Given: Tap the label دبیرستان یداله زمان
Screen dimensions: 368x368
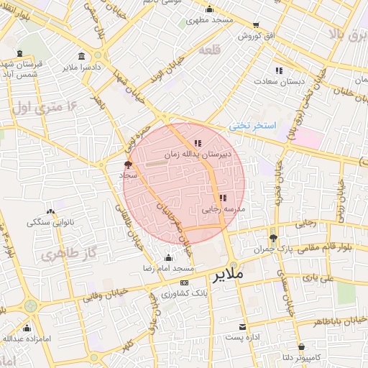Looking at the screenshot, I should [197, 154].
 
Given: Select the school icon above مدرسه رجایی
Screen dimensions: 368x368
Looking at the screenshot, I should [223, 197].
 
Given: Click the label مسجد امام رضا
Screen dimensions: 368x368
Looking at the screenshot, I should [169, 268].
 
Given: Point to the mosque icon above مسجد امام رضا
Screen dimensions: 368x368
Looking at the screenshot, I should [169, 258].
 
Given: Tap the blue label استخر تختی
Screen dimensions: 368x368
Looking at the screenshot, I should [253, 125].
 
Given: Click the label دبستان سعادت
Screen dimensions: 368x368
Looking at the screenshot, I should [278, 81].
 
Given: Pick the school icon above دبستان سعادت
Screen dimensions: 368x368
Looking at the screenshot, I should [279, 70].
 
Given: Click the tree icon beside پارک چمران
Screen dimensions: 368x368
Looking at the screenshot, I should [272, 238].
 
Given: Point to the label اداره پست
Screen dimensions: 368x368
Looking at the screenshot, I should [241, 336].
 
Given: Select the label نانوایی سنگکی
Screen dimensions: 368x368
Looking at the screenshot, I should [51, 222].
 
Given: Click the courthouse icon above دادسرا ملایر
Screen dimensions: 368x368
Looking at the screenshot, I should [80, 56].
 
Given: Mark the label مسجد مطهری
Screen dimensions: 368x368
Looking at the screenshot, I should [209, 20].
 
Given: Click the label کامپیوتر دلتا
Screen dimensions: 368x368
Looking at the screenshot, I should [296, 356].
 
